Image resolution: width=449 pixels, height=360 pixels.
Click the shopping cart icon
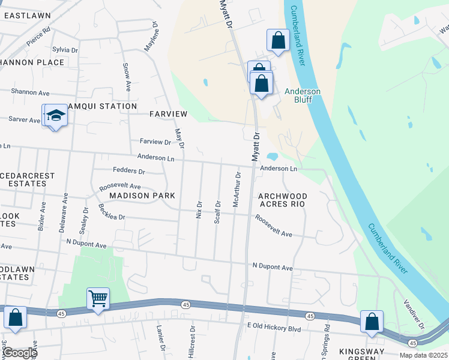pyautogui.click(x=98, y=298)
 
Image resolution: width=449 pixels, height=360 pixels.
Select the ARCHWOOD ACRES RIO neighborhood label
pyautogui.click(x=283, y=200)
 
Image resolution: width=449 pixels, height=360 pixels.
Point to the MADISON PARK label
pyautogui.click(x=142, y=196)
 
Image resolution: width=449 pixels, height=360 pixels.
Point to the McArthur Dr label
pyautogui.click(x=237, y=190)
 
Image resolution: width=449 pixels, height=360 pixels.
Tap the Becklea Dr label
pyautogui.click(x=112, y=212)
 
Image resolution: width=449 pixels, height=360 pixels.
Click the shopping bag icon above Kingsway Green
pyautogui.click(x=372, y=322)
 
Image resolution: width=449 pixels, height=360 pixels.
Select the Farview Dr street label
pyautogui.click(x=155, y=142)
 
